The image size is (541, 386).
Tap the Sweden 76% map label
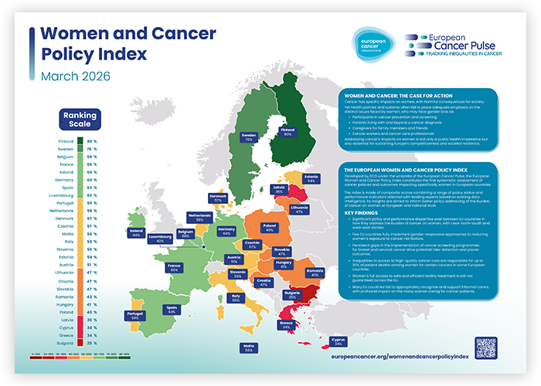pos(248,138)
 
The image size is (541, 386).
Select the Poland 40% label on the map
pos(270,228)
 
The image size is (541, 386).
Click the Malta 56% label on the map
pos(248,347)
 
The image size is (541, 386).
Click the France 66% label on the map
pos(175,268)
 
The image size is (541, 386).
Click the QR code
pos(485,346)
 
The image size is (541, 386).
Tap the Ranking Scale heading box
pos(77,120)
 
